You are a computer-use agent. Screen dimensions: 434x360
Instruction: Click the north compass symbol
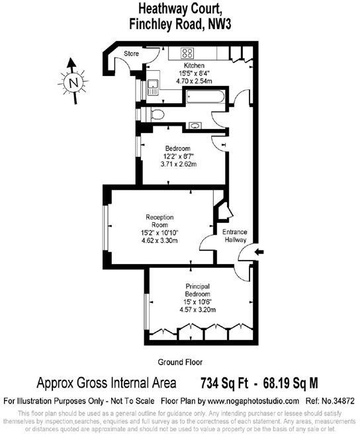point(73,81)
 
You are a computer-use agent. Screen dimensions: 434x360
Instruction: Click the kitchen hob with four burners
point(187,54)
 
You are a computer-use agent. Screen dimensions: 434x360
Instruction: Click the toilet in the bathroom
point(155,114)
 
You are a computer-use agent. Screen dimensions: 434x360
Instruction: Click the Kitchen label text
point(194,65)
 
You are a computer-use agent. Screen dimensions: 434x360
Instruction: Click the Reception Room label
point(159,220)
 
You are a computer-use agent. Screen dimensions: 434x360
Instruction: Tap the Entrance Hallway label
point(234,236)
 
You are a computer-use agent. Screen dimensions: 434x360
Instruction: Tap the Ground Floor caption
point(179,362)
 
